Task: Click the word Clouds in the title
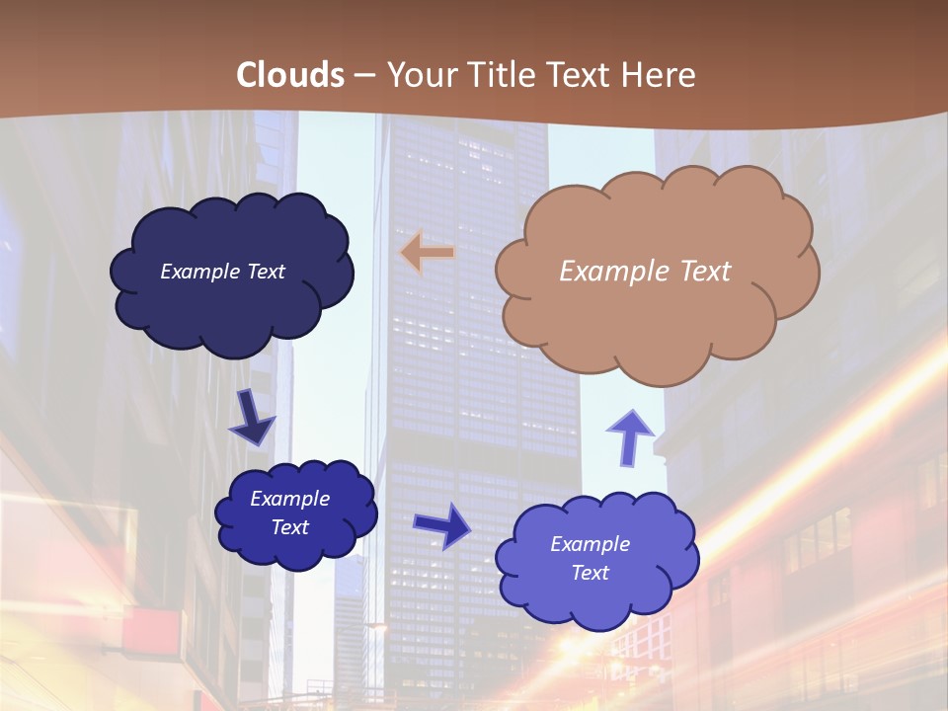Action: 290,74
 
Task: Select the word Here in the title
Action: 659,74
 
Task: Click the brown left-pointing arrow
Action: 428,254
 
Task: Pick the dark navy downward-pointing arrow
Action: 251,418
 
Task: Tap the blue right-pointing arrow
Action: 441,524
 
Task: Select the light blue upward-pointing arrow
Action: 630,436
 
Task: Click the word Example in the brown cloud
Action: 610,271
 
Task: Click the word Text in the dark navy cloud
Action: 264,271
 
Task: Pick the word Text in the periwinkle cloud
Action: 591,573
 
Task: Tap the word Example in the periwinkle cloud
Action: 591,544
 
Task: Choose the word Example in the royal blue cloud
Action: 290,499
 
